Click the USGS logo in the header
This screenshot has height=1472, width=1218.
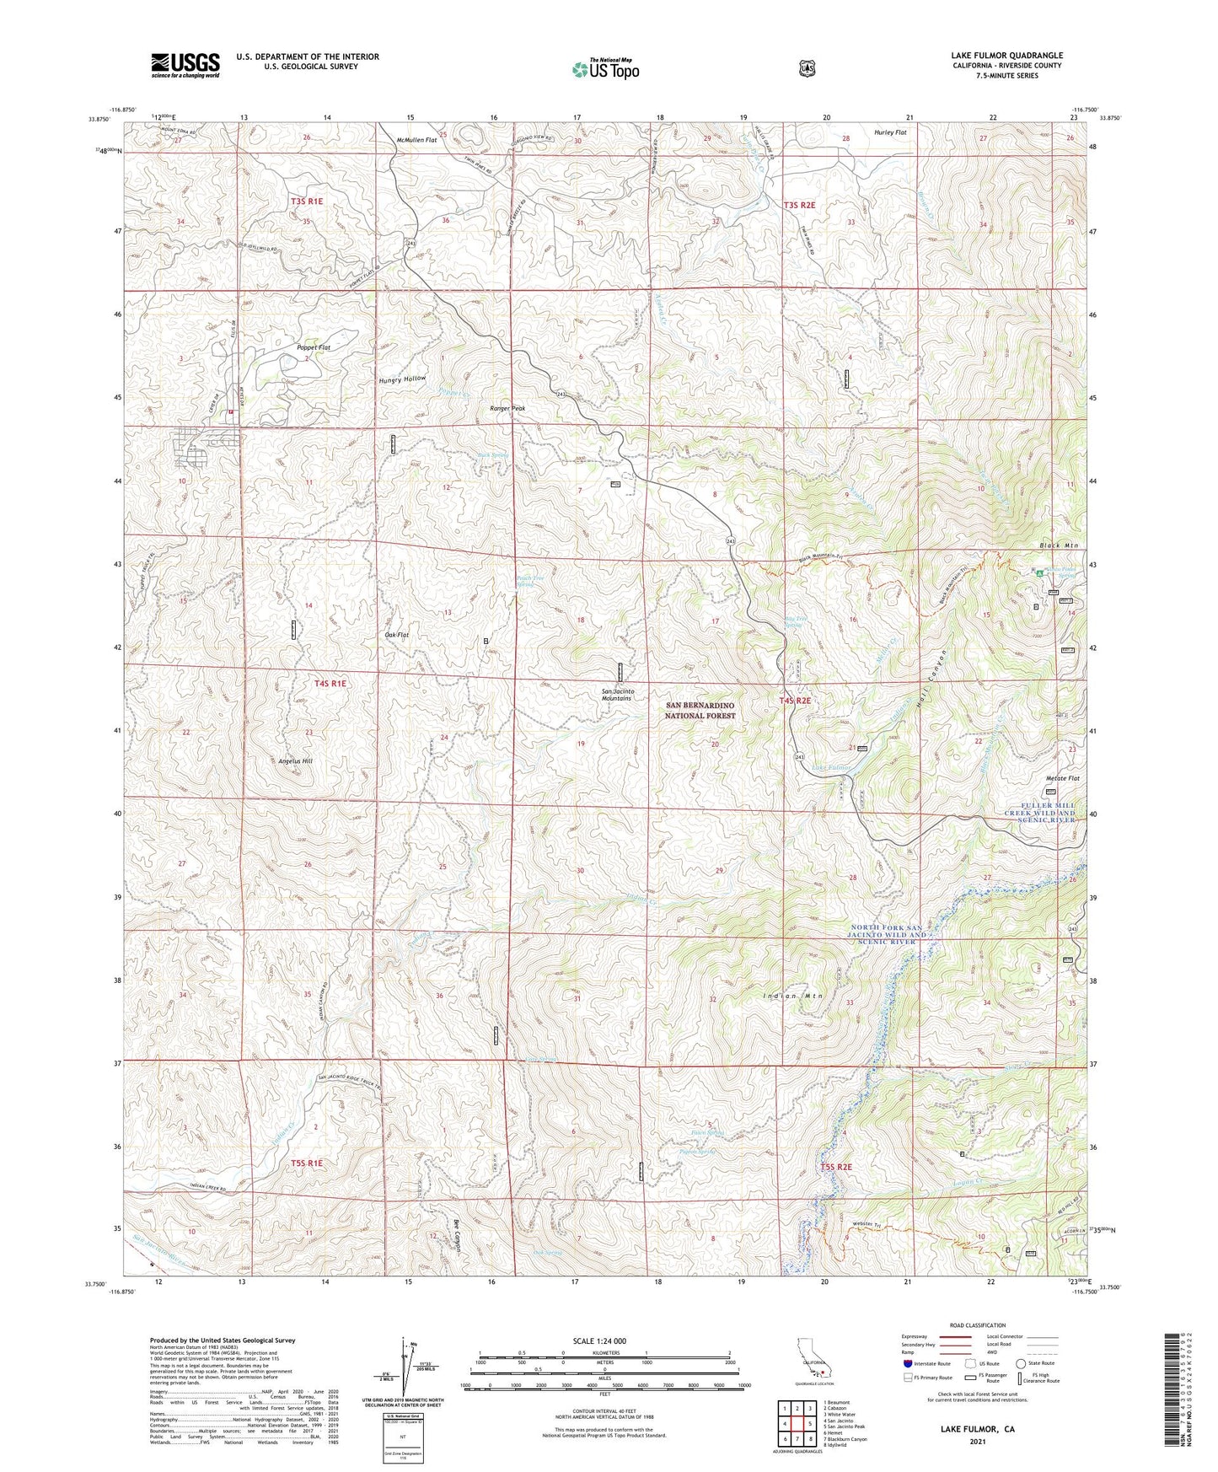[185, 65]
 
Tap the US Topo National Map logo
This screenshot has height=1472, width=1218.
[604, 69]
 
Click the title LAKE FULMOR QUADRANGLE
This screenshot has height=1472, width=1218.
[1006, 56]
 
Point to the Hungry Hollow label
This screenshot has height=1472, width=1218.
[402, 379]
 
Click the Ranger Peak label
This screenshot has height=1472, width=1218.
[507, 408]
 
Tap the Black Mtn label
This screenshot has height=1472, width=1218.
[1059, 545]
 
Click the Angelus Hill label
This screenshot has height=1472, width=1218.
[295, 760]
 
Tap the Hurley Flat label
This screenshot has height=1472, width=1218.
[890, 132]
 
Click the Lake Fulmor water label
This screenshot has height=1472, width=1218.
[831, 768]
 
